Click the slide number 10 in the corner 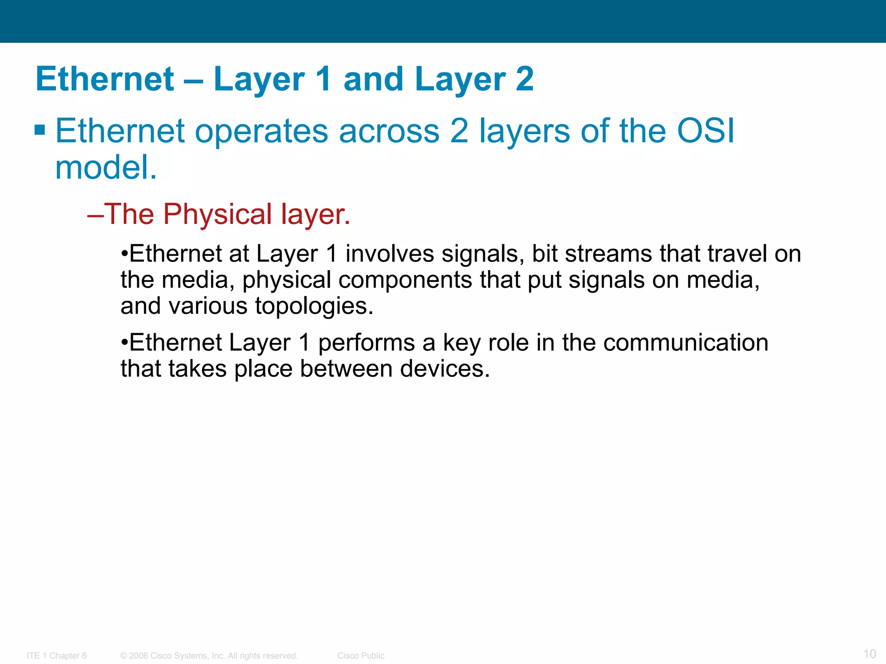(869, 653)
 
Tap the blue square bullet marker (40, 130)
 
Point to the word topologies (314, 306)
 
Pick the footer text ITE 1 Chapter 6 (57, 655)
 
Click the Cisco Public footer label (361, 655)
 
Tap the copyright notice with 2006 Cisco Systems (209, 655)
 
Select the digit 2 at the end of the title (525, 79)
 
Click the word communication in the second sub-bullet (685, 343)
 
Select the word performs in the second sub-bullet (366, 343)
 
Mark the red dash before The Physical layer (95, 215)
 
